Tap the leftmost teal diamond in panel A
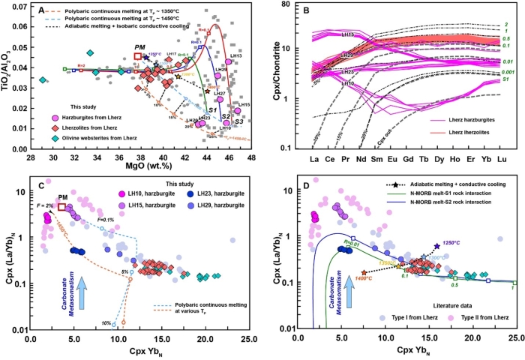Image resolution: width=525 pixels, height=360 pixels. (x=43, y=80)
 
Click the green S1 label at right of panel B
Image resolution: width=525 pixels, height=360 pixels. (x=505, y=79)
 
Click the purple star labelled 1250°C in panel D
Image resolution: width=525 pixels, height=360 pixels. (x=436, y=246)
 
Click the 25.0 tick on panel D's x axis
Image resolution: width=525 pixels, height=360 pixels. (x=513, y=339)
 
